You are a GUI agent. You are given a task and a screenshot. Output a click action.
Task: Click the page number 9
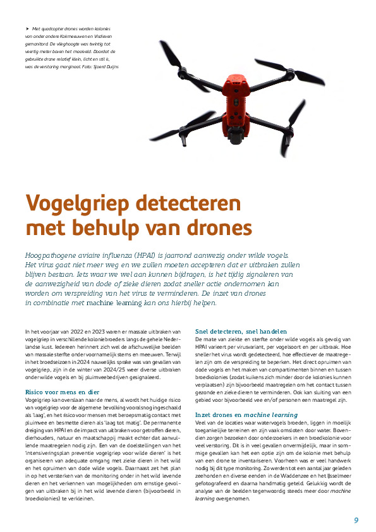click(356, 520)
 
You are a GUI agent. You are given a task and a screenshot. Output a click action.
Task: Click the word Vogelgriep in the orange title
click(83, 204)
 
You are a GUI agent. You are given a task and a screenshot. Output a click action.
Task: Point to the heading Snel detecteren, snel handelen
click(241, 330)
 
